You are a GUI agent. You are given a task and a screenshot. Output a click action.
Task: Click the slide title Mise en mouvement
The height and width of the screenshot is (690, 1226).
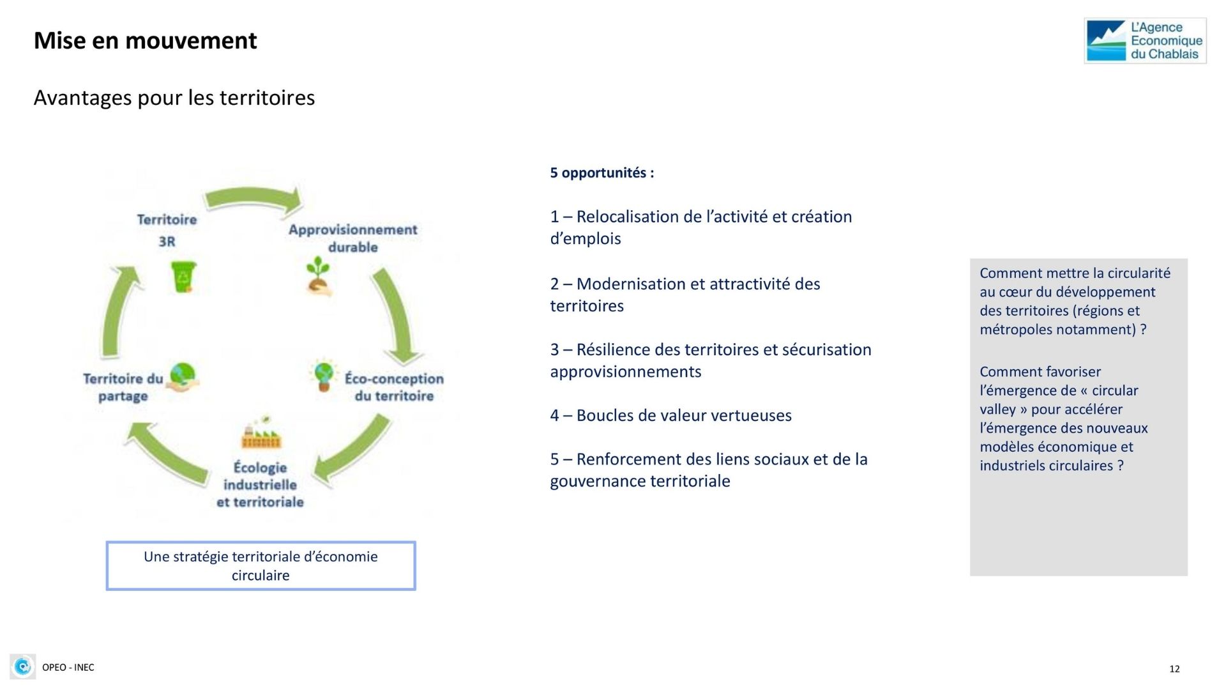coord(145,41)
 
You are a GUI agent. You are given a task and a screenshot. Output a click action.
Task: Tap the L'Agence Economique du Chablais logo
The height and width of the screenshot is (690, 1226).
coord(1145,41)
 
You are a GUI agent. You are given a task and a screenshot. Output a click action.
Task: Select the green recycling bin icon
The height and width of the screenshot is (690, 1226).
coord(184,277)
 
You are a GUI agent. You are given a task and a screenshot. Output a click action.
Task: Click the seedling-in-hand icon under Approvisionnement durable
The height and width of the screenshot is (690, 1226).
coord(319,277)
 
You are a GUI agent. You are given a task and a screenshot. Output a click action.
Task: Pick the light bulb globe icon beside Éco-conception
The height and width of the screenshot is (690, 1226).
coord(324,375)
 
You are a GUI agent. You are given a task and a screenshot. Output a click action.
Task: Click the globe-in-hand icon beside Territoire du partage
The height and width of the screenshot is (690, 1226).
coord(183,376)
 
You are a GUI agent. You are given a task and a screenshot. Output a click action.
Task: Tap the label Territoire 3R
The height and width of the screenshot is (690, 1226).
coord(167,230)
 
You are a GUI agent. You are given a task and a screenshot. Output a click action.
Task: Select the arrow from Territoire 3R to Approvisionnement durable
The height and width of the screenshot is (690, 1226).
coord(254,198)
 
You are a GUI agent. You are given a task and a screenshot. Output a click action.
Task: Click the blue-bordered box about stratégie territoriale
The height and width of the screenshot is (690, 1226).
coord(261,565)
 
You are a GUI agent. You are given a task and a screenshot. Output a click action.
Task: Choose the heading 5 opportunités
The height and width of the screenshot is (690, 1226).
coord(602,172)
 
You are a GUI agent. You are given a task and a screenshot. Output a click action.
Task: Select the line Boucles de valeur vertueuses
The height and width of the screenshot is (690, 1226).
coord(684,415)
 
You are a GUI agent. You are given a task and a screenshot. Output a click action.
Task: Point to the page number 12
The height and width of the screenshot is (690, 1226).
coord(1174,669)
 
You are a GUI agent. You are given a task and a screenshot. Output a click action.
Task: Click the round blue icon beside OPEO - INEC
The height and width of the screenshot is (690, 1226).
coord(23,667)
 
